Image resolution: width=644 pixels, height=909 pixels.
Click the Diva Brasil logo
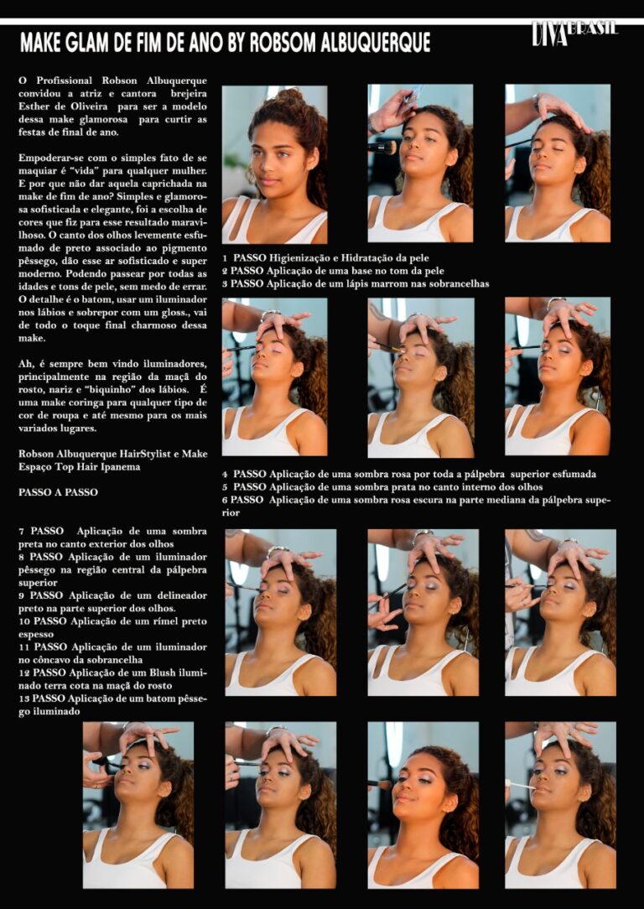point(574,34)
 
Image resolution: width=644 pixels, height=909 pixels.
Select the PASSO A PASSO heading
point(58,492)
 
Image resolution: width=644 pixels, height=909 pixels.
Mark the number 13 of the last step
point(23,699)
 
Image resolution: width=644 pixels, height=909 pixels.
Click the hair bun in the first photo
point(290,95)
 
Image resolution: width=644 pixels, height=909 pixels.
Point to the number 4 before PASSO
point(225,475)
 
